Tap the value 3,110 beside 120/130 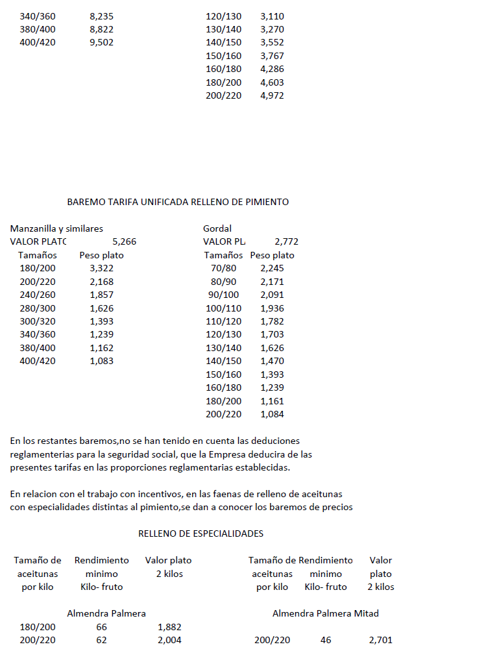[x=272, y=16]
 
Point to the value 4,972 [x=272, y=96]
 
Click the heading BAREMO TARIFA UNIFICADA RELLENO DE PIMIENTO [x=178, y=202]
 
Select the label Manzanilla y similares [x=56, y=228]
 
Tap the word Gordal [x=217, y=228]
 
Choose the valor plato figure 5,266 [x=125, y=242]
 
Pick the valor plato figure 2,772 [x=286, y=242]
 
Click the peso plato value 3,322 [x=102, y=269]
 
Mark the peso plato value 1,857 [x=102, y=295]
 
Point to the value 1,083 [x=102, y=362]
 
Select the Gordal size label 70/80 [x=224, y=269]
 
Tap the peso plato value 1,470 [x=272, y=362]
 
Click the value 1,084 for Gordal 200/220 [x=272, y=415]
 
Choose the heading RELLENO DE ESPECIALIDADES [x=200, y=533]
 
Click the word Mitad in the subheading [x=367, y=613]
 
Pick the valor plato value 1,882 [x=169, y=627]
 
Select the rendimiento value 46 [x=326, y=641]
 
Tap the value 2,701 [x=380, y=641]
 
